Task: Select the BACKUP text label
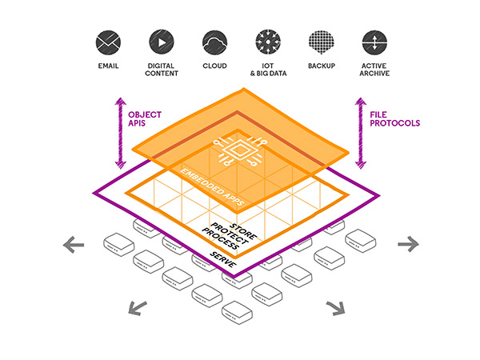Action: pos(320,66)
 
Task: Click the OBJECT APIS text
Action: pos(144,118)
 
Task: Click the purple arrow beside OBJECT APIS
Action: pos(121,132)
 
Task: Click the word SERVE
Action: pos(222,257)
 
